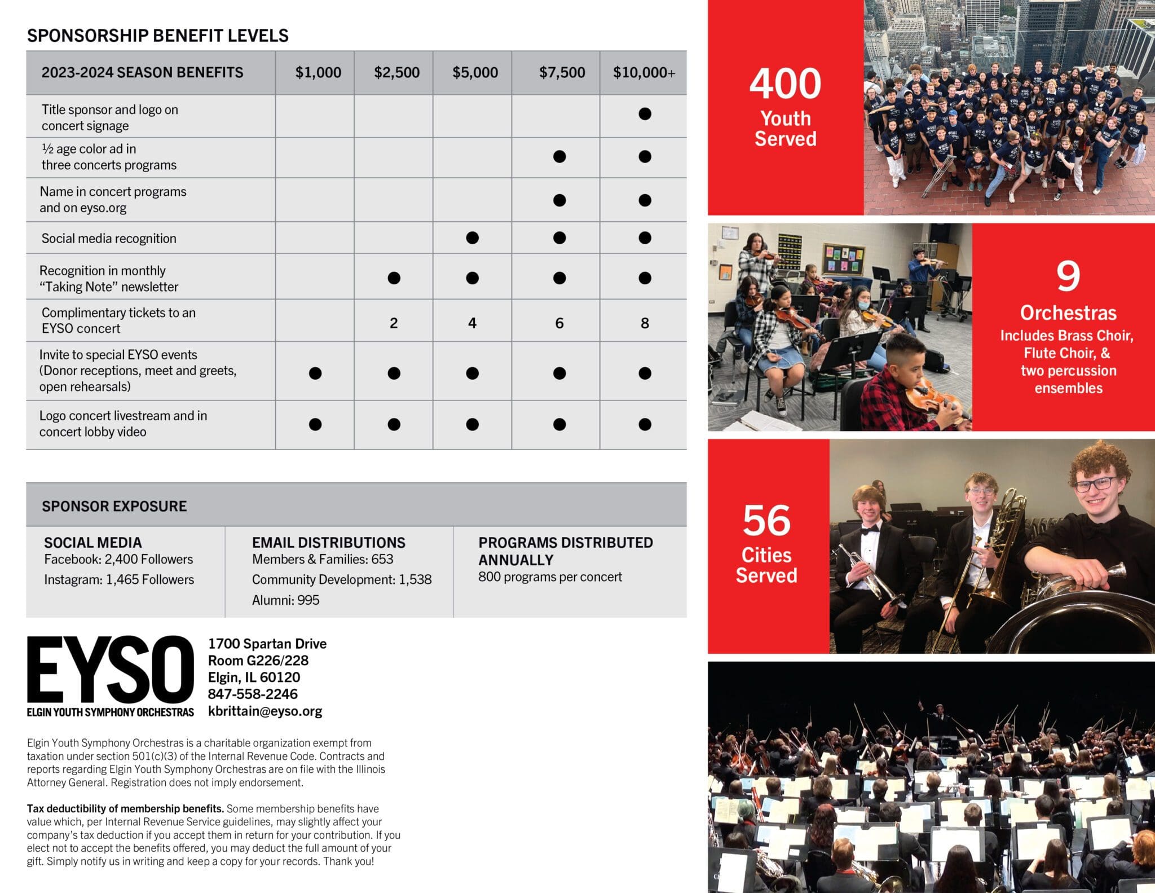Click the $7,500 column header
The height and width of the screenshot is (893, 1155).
tap(562, 73)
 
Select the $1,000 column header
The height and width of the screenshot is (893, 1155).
tap(318, 73)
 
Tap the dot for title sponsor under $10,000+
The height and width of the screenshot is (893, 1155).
tap(645, 114)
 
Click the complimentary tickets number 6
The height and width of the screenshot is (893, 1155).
tap(559, 323)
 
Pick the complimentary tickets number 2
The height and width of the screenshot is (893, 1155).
tap(394, 323)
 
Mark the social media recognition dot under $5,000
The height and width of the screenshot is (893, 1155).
tap(473, 238)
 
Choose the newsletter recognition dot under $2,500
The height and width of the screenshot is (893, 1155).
tap(394, 278)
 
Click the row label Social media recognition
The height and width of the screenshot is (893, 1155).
tap(109, 239)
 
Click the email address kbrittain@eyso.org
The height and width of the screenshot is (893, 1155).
tap(265, 711)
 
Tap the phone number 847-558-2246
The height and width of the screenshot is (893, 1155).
tap(253, 694)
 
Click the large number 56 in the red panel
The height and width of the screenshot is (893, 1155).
tap(766, 520)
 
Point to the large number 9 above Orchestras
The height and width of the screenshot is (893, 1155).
tap(1068, 276)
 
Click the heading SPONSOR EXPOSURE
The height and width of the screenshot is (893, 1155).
tap(114, 506)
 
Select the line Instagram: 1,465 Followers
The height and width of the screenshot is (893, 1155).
tap(119, 580)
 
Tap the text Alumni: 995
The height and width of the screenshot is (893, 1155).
tap(285, 600)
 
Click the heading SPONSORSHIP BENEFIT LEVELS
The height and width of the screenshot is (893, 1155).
tap(158, 36)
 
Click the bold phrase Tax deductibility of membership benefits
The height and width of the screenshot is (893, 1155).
tap(125, 809)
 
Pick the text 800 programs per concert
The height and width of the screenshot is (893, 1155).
tap(550, 577)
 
